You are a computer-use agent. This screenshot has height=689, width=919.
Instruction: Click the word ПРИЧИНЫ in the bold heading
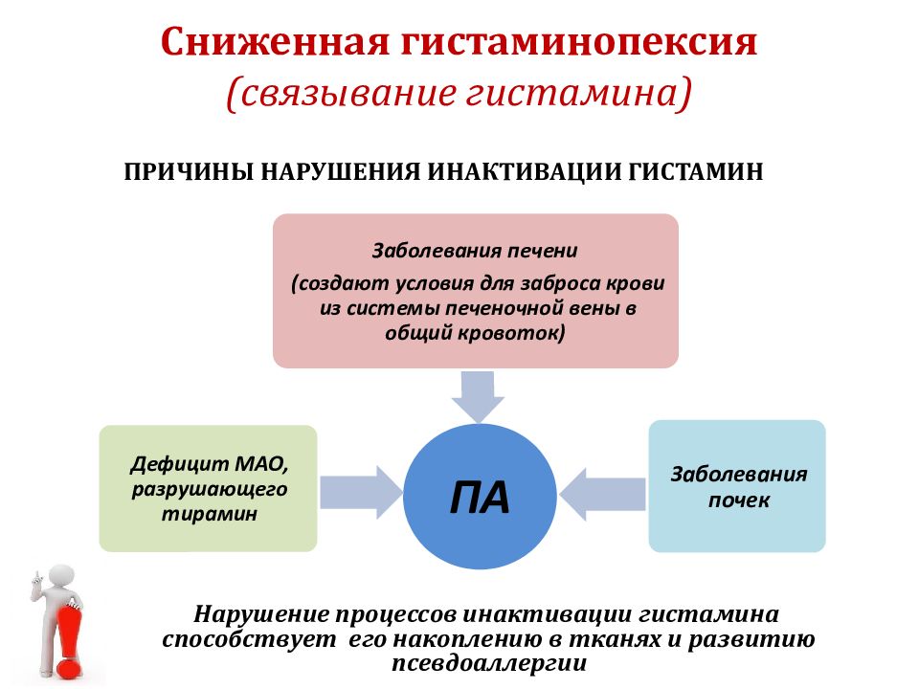click(189, 172)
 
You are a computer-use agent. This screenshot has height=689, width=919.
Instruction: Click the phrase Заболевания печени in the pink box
click(476, 251)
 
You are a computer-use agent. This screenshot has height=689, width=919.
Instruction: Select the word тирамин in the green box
click(209, 514)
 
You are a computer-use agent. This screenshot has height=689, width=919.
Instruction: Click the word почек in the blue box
click(738, 500)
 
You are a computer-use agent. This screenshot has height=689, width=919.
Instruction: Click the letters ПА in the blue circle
click(480, 498)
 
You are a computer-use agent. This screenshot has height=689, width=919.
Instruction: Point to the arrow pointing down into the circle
click(478, 396)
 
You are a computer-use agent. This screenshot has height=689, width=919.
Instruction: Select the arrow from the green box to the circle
click(362, 492)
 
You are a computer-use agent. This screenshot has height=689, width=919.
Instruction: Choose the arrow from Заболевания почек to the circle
click(602, 494)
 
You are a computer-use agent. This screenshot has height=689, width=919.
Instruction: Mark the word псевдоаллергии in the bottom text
click(489, 663)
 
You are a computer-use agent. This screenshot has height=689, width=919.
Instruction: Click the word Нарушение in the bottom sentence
click(263, 614)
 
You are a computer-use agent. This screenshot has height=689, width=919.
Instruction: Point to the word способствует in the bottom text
click(250, 639)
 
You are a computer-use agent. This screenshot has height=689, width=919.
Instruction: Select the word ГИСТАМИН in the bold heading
click(696, 172)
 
